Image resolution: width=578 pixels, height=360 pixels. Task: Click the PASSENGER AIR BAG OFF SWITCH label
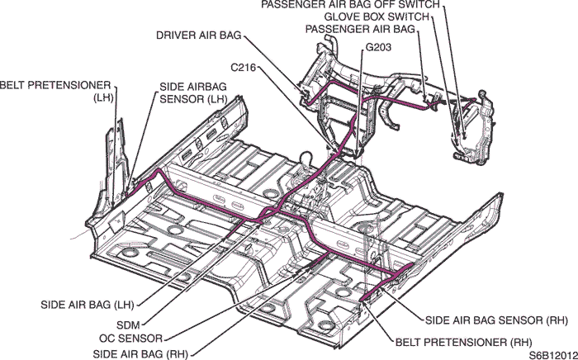(x=351, y=5)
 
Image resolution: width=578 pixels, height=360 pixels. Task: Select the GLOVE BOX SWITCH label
(x=376, y=17)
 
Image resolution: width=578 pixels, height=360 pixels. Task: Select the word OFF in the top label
(x=376, y=5)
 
